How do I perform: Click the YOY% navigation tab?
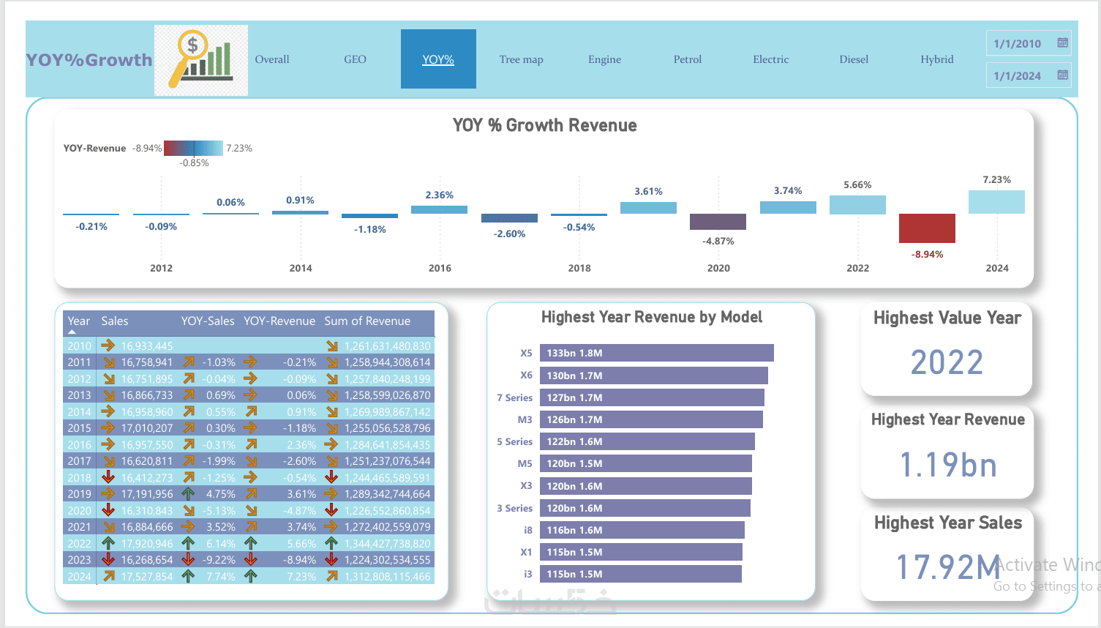coord(438,59)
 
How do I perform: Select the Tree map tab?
coord(521,59)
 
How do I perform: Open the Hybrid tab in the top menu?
coord(936,59)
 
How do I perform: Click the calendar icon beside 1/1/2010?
coord(1062,43)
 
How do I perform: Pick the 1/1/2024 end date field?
coord(1018,75)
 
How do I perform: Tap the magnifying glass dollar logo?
coord(200,60)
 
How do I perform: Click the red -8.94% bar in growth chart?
coord(927,228)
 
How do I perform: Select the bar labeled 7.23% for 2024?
coord(996,202)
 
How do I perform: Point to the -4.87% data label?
coord(718,241)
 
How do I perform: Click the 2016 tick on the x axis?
coord(440,268)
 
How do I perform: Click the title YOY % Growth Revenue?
coord(544,125)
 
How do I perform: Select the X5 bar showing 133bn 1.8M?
coord(656,353)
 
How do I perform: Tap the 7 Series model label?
coord(514,397)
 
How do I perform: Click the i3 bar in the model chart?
coord(640,574)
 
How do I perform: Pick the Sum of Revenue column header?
coord(367,321)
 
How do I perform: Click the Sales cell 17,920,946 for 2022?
coord(147,544)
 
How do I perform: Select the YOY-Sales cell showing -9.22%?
coord(219,560)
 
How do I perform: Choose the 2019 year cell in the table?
coord(79,494)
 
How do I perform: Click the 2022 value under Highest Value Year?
coord(947,362)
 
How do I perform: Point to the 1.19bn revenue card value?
coord(947,465)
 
